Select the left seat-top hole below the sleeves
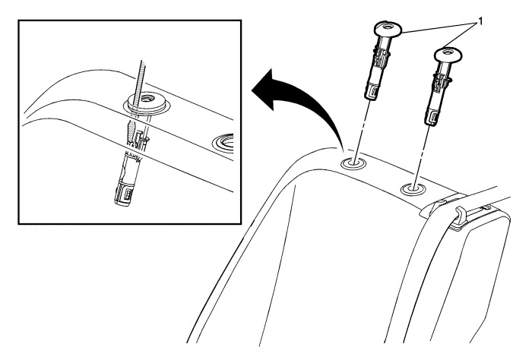coord(354,162)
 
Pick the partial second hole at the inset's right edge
coord(227,141)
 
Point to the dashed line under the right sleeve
coord(422,153)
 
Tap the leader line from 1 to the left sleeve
coord(441,27)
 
